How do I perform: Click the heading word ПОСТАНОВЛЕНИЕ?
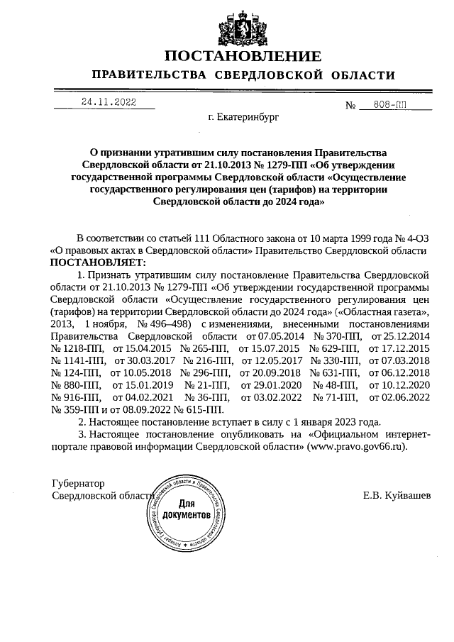point(243,56)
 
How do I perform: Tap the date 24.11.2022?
point(108,102)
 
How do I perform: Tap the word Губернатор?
point(78,482)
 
